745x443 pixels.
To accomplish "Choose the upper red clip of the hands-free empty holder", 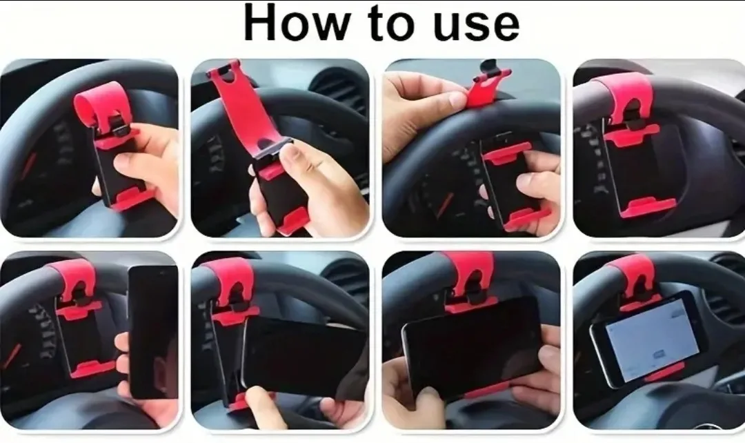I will (630, 135).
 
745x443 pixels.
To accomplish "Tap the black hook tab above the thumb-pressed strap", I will (491, 68).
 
